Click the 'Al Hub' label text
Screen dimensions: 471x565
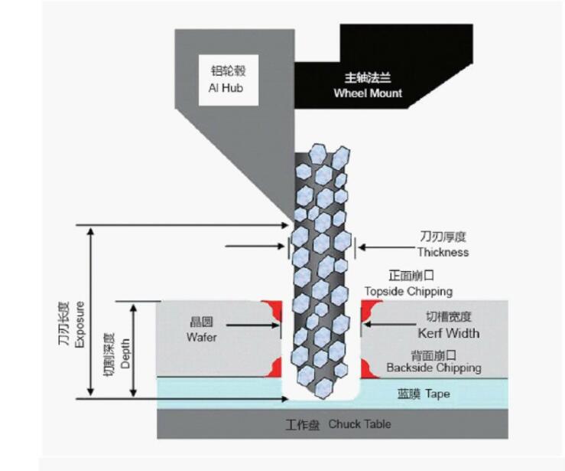226,87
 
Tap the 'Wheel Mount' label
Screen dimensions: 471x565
368,93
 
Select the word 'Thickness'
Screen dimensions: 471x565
443,252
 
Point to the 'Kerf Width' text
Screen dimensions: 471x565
449,333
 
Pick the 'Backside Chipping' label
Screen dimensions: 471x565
433,368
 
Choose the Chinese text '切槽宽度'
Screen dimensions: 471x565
449,317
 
